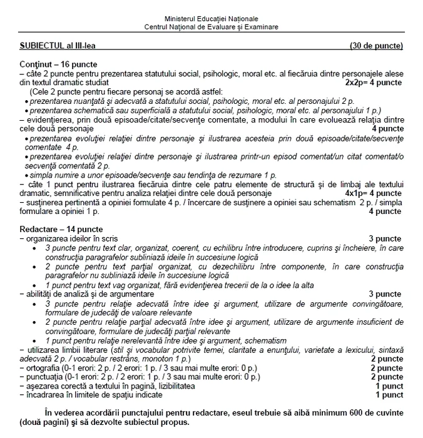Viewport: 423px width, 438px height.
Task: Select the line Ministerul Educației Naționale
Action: pyautogui.click(x=211, y=19)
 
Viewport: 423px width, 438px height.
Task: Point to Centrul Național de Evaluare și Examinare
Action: pyautogui.click(x=211, y=27)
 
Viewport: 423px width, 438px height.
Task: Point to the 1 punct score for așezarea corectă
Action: pyautogui.click(x=389, y=386)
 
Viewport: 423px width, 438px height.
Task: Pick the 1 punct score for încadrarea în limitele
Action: pyautogui.click(x=389, y=395)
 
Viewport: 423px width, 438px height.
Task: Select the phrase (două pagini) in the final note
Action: pyautogui.click(x=44, y=422)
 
